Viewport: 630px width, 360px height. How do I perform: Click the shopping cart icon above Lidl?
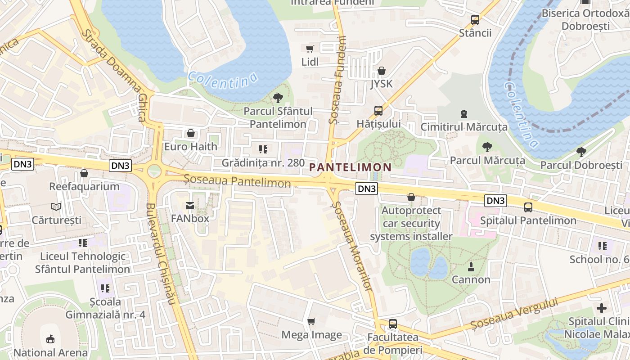pyautogui.click(x=310, y=49)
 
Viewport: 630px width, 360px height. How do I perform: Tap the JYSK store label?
pyautogui.click(x=382, y=84)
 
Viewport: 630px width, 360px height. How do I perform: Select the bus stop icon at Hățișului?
pyautogui.click(x=378, y=111)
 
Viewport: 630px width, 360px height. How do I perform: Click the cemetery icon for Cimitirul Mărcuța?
pyautogui.click(x=464, y=114)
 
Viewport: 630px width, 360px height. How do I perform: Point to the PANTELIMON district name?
pyautogui.click(x=351, y=167)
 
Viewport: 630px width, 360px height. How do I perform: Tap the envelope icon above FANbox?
pyautogui.click(x=190, y=206)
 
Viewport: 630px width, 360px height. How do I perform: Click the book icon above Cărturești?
pyautogui.click(x=56, y=207)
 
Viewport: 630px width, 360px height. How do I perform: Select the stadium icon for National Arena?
pyautogui.click(x=50, y=339)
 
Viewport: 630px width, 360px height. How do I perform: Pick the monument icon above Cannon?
pyautogui.click(x=471, y=266)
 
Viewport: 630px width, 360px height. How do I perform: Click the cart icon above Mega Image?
pyautogui.click(x=311, y=321)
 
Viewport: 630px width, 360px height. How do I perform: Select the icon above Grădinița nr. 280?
pyautogui.click(x=263, y=149)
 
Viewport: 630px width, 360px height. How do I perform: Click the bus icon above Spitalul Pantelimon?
pyautogui.click(x=528, y=207)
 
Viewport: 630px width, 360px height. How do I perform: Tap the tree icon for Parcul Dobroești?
pyautogui.click(x=581, y=152)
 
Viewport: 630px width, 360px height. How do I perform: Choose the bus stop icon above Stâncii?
pyautogui.click(x=475, y=20)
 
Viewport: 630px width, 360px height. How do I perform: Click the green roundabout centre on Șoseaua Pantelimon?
pyautogui.click(x=154, y=171)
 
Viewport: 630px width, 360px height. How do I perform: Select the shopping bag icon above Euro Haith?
pyautogui.click(x=191, y=133)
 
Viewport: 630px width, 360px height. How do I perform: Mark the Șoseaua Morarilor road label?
pyautogui.click(x=352, y=246)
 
